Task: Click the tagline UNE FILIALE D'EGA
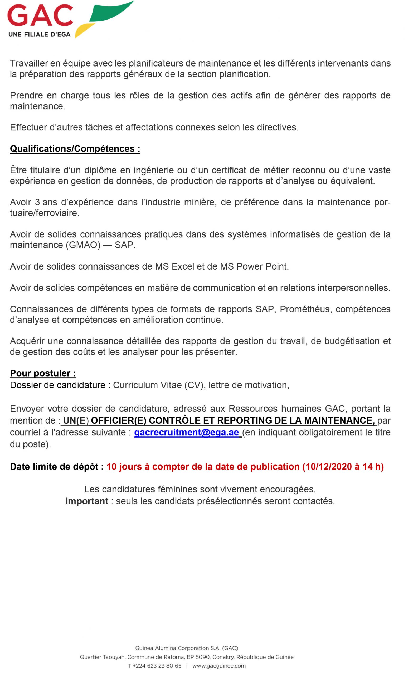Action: point(40,35)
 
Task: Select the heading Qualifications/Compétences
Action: point(75,149)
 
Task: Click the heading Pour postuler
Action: point(43,373)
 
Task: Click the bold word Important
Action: point(87,501)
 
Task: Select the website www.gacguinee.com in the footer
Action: point(219,666)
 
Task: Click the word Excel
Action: point(183,266)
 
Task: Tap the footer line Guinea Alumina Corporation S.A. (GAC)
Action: point(187,648)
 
